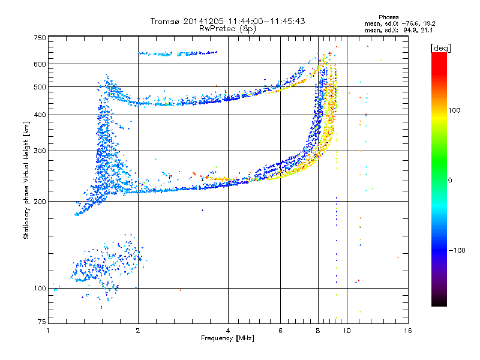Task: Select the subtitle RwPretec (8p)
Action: (x=227, y=29)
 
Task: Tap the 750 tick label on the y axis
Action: (x=40, y=38)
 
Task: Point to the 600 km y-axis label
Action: (x=40, y=64)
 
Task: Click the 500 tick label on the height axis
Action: (x=40, y=87)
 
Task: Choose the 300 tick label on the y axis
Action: (x=40, y=151)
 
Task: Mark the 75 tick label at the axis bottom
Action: (x=42, y=322)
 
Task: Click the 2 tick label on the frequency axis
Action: (x=138, y=331)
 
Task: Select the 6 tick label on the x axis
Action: (x=280, y=331)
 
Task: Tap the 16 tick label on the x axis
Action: (x=408, y=331)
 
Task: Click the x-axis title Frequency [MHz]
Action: (x=227, y=338)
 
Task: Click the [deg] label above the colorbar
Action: (x=440, y=48)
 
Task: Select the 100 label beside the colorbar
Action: (x=454, y=110)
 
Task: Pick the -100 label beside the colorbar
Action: (x=457, y=250)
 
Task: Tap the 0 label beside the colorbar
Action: (x=450, y=180)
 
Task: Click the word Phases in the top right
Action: (x=388, y=17)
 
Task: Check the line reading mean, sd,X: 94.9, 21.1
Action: (x=398, y=31)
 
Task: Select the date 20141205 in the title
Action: (x=203, y=21)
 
